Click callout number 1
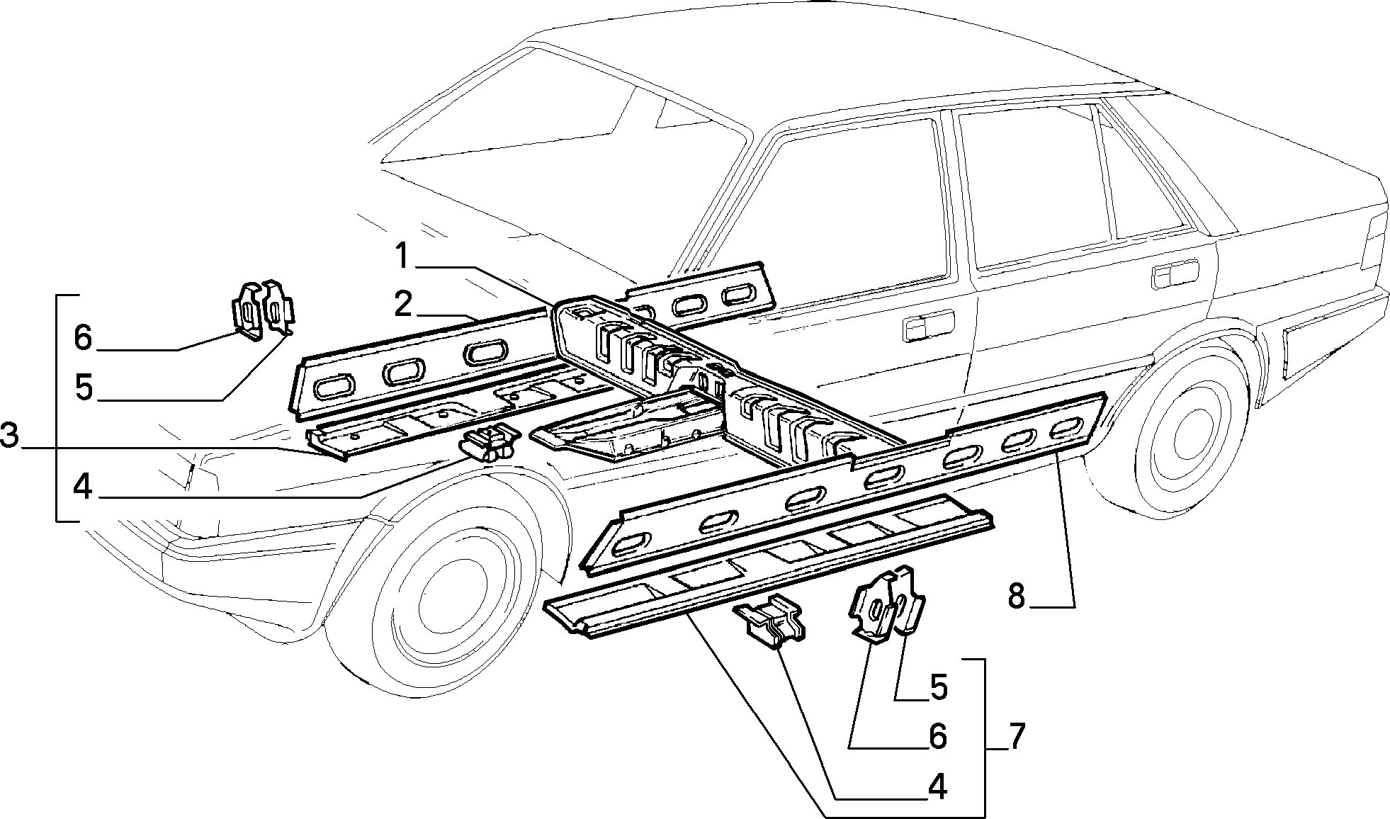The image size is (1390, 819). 402,256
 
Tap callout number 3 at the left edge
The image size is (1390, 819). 9,436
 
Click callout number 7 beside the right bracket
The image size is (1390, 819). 1017,738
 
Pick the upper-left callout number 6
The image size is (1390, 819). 83,339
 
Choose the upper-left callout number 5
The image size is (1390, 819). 84,388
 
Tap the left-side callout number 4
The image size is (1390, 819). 83,487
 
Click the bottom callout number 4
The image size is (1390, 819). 937,787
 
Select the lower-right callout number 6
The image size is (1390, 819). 937,738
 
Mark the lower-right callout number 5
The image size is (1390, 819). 939,689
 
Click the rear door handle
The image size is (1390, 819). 1174,273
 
